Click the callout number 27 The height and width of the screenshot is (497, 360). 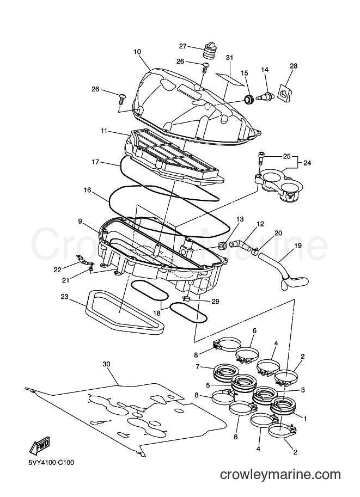pos(182,46)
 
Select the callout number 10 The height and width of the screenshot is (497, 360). pos(137,52)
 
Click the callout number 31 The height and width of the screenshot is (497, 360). pos(229,58)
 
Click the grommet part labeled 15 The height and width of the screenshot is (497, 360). pos(248,99)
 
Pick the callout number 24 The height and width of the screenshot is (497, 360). pos(307,163)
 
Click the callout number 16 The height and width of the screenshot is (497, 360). pos(87,190)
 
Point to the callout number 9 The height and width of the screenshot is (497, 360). pos(80,220)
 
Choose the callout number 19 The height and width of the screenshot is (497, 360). pos(298,246)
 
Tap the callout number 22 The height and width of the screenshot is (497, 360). pos(57,270)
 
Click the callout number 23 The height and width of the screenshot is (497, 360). pos(65,297)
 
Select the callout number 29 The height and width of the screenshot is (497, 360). pos(215,301)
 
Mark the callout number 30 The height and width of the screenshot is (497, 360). pos(106,364)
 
